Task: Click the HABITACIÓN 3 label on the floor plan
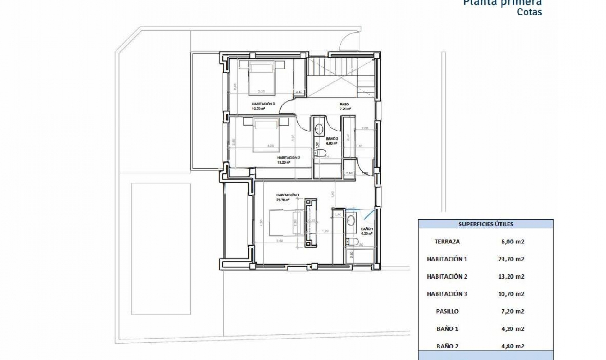click(263, 104)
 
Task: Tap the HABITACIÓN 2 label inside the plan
click(288, 158)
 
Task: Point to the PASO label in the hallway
click(344, 104)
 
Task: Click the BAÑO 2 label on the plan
click(332, 139)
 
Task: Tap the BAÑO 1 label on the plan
click(367, 229)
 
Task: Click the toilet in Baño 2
click(320, 153)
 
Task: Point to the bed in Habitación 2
click(267, 134)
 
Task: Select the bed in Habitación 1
click(286, 223)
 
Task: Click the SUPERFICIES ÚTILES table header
click(485, 224)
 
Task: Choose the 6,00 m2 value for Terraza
click(512, 242)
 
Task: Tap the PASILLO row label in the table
click(447, 311)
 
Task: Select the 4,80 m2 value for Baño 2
click(512, 346)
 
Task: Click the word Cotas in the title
click(529, 12)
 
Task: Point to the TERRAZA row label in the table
click(447, 242)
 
